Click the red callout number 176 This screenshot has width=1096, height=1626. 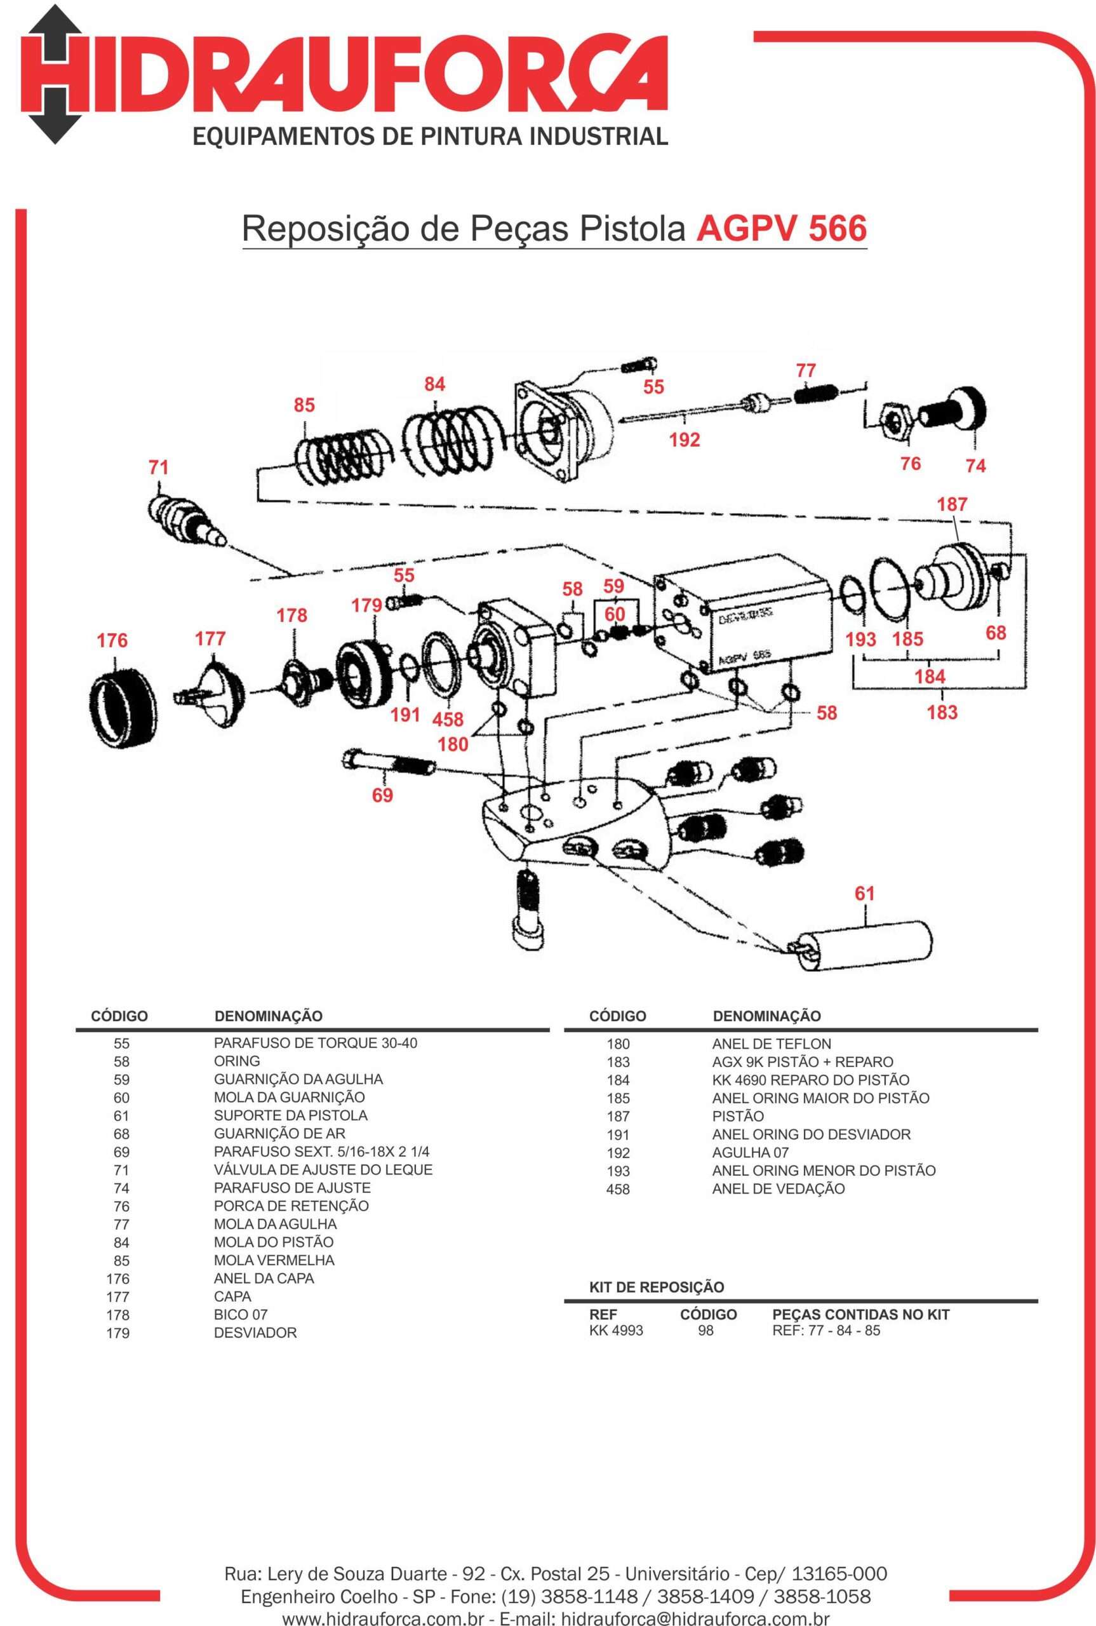[x=112, y=640]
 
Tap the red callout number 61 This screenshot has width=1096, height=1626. [x=865, y=894]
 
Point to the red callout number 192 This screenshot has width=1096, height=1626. [x=684, y=440]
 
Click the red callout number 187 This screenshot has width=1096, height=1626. [x=952, y=504]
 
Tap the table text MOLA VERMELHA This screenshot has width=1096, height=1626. [x=274, y=1260]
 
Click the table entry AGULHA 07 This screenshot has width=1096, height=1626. [x=750, y=1152]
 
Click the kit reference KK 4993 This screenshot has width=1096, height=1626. [x=616, y=1330]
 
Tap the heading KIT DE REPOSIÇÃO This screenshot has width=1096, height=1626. [x=657, y=1287]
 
